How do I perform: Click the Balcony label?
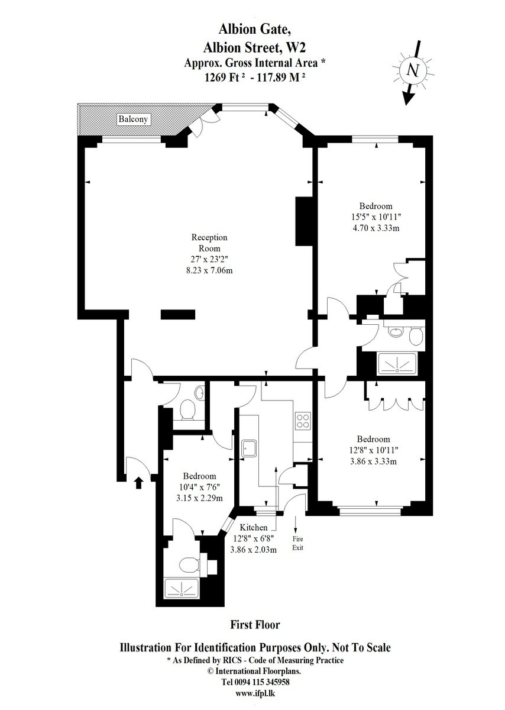(132, 119)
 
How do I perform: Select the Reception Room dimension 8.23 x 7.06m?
(209, 270)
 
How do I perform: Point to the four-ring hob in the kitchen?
(303, 421)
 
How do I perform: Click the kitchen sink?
(250, 448)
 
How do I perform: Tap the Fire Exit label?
(297, 543)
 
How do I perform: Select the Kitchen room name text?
(254, 527)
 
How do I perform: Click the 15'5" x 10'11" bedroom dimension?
(375, 217)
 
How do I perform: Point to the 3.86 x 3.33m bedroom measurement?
(373, 461)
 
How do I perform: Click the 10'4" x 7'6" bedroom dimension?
(199, 486)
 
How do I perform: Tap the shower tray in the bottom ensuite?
(182, 589)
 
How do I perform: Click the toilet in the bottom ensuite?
(189, 564)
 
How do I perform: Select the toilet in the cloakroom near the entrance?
(187, 409)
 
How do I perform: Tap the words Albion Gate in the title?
(254, 30)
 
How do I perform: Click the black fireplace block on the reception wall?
(304, 221)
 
